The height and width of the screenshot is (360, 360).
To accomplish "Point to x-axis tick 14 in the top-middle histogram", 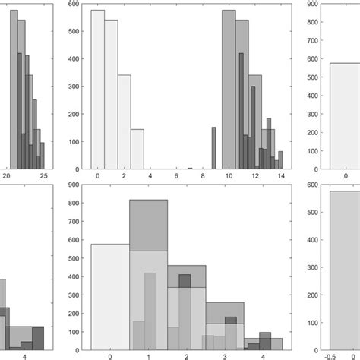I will coord(280,176).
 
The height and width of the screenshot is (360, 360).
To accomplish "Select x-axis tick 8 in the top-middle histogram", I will coord(202,176).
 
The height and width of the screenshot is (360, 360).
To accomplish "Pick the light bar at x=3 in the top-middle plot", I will coord(137,149).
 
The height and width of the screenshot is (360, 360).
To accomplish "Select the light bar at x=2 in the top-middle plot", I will coord(124,122).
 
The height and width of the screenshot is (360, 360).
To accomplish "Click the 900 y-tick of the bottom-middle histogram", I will coord(74,185).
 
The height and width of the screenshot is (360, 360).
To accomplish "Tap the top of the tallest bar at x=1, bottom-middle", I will coord(149,201).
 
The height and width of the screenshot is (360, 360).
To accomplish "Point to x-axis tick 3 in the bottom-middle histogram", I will coord(226,355).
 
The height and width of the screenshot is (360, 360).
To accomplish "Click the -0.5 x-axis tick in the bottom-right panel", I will coord(330,355).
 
